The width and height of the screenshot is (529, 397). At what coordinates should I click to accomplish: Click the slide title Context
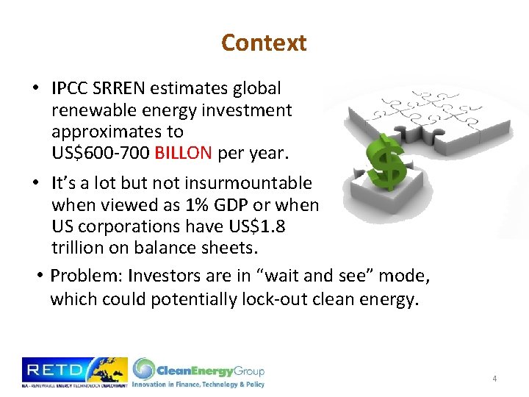click(x=264, y=43)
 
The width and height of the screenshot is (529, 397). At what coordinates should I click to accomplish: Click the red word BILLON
click(x=181, y=152)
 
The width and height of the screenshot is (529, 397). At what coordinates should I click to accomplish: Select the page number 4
click(x=494, y=379)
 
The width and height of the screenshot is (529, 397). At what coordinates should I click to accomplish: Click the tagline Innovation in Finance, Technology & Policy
click(x=198, y=384)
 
